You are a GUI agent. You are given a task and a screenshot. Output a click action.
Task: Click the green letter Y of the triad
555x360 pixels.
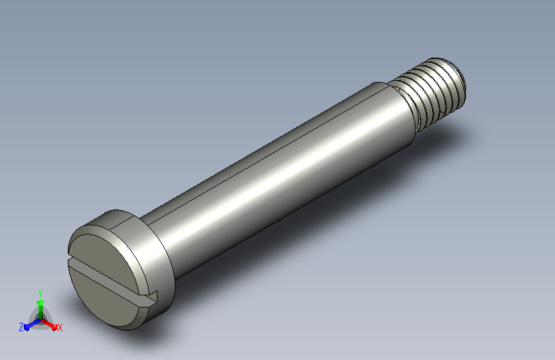[40, 293]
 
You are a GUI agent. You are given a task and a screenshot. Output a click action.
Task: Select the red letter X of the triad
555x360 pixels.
[60, 327]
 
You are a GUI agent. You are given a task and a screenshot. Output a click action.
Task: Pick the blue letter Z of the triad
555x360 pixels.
[21, 327]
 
